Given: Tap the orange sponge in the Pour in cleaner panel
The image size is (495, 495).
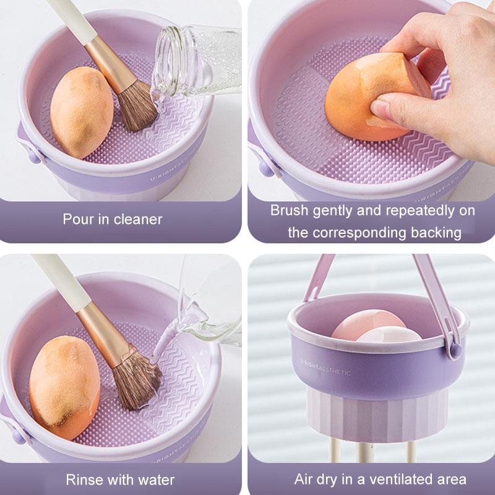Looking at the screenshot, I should [80, 111].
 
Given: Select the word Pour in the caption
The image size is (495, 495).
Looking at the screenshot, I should [75, 219].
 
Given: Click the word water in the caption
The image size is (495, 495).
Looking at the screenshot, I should [157, 480].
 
